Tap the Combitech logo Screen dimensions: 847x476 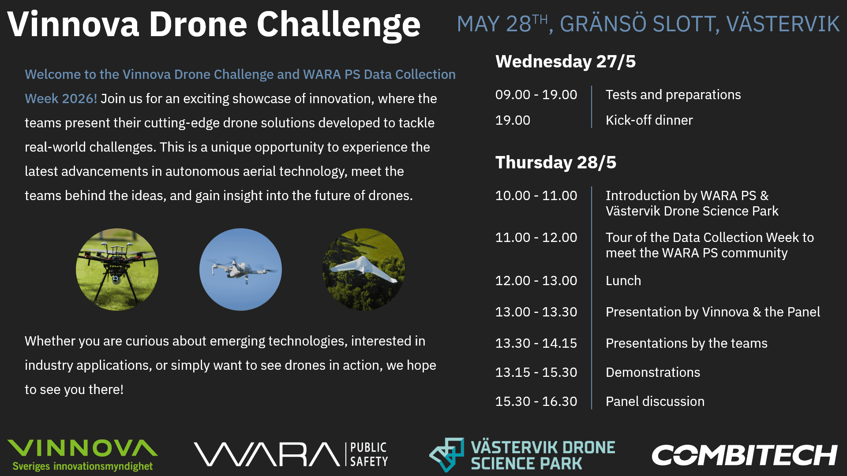pyautogui.click(x=745, y=455)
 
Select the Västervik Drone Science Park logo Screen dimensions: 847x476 pyautogui.click(x=522, y=455)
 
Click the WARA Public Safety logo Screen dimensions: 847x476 pyautogui.click(x=291, y=454)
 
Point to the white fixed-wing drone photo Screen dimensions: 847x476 pyautogui.click(x=364, y=269)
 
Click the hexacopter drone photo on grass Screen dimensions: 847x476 pyautogui.click(x=117, y=269)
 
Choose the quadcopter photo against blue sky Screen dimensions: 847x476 pyautogui.click(x=240, y=269)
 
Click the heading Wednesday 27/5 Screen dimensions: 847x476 pyautogui.click(x=566, y=62)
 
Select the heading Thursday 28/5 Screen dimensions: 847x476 pyautogui.click(x=556, y=163)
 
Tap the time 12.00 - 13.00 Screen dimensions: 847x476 pyautogui.click(x=536, y=281)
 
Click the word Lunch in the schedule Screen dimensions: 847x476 pyautogui.click(x=623, y=281)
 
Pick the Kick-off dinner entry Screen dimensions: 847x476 pyautogui.click(x=649, y=120)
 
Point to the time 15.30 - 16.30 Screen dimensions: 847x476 pyautogui.click(x=536, y=402)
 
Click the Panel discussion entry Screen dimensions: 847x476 pyautogui.click(x=655, y=402)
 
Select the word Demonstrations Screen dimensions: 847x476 pyautogui.click(x=653, y=372)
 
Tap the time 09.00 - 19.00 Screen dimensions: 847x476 pyautogui.click(x=536, y=95)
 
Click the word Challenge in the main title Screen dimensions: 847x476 pyautogui.click(x=338, y=25)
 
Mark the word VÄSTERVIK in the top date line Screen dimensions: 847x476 pyautogui.click(x=783, y=24)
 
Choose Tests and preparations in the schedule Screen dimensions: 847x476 pyautogui.click(x=673, y=95)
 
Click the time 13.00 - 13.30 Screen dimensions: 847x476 pyautogui.click(x=536, y=312)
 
